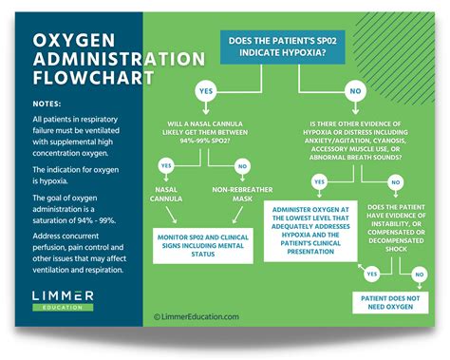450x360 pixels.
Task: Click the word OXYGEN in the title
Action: (69, 43)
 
